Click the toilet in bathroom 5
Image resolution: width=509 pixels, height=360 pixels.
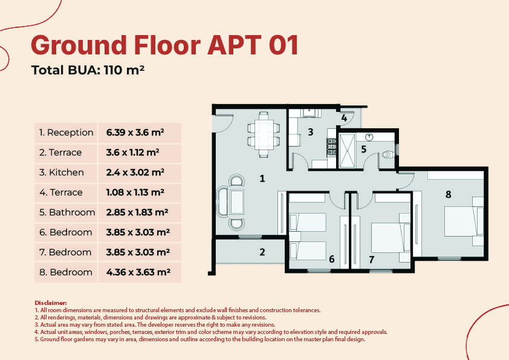(x=387, y=155)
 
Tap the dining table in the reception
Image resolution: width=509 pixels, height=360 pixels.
(x=264, y=134)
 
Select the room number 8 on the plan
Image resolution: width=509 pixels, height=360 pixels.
(x=449, y=194)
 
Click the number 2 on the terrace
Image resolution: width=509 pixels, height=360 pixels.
(x=262, y=252)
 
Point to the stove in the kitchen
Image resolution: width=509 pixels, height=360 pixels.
(x=331, y=147)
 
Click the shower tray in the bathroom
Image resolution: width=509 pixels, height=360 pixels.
(x=347, y=151)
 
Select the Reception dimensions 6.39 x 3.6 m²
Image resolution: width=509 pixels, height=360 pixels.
(x=135, y=133)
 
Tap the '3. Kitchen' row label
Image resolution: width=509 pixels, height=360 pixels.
(x=61, y=172)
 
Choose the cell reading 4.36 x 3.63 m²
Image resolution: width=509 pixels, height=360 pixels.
(x=138, y=272)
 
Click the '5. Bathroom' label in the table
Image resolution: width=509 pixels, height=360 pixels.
(x=67, y=212)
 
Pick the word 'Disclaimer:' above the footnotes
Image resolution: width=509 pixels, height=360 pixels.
(x=51, y=303)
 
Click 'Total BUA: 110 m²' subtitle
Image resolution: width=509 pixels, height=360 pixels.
(x=88, y=70)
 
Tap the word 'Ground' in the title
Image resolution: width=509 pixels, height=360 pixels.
(x=79, y=45)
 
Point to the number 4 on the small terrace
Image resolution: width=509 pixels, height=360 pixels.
(x=344, y=117)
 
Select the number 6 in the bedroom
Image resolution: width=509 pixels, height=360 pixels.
(x=331, y=259)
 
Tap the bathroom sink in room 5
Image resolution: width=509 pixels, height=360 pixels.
(x=369, y=137)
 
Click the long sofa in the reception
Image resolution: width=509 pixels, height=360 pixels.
(x=224, y=201)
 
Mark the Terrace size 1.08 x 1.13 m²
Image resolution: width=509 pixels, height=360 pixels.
(x=135, y=192)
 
